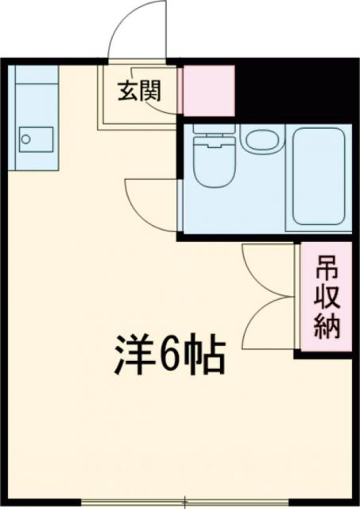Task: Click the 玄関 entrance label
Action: point(140,91)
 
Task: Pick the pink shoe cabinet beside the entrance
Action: point(208,91)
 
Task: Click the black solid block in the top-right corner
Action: point(294,87)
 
